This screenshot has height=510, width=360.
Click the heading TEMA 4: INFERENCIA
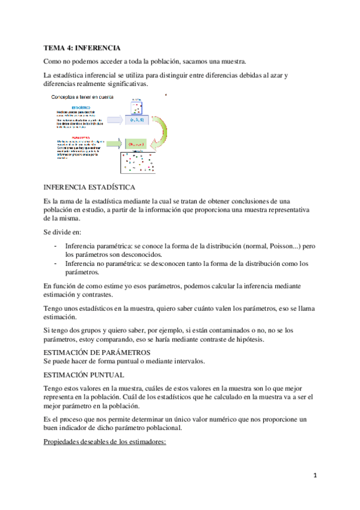(x=83, y=47)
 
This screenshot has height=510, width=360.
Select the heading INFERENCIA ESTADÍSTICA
(x=94, y=188)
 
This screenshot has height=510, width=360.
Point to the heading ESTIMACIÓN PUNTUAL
(x=84, y=374)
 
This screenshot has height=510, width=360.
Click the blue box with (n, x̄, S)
(x=137, y=120)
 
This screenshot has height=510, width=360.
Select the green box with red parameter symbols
(x=137, y=145)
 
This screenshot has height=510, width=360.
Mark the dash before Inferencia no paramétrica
(x=55, y=263)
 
